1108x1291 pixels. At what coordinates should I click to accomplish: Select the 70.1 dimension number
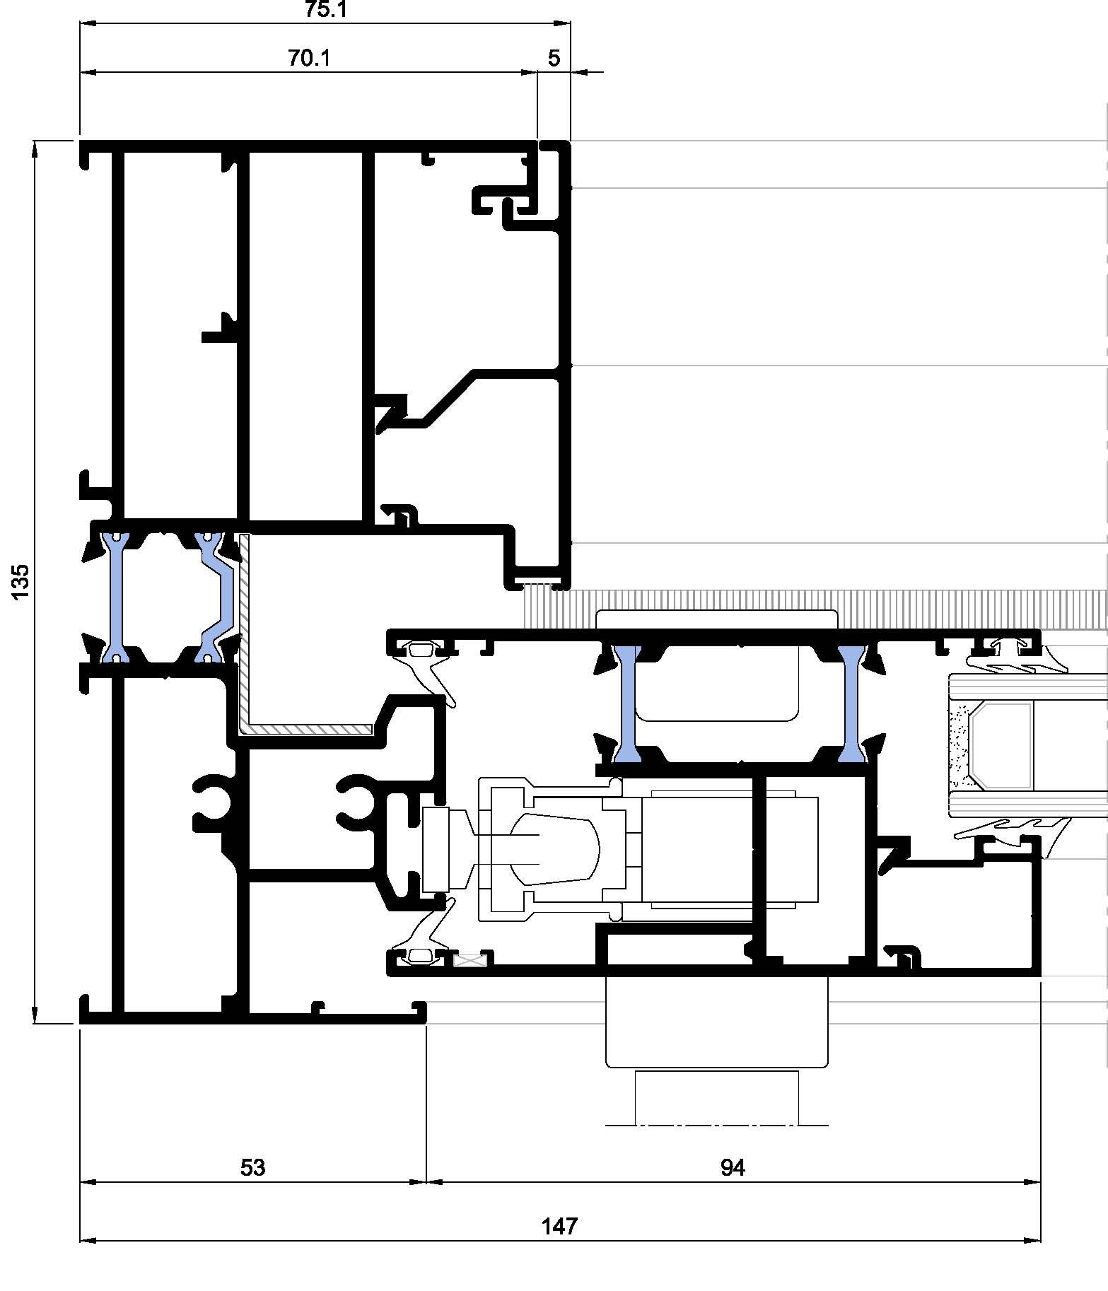[308, 58]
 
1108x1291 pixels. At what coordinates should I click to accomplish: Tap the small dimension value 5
[554, 58]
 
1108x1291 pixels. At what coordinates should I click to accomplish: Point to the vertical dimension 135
[21, 581]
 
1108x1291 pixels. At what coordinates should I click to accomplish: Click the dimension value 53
[252, 1167]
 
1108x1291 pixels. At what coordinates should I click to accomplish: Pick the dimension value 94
[733, 1167]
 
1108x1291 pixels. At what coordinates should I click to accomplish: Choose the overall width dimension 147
[559, 1225]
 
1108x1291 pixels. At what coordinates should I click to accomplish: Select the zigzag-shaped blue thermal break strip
[216, 598]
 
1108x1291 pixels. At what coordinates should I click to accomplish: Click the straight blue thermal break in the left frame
[115, 598]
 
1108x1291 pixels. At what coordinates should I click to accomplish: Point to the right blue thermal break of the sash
[852, 703]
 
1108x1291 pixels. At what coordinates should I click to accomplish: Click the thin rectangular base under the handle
[717, 1097]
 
